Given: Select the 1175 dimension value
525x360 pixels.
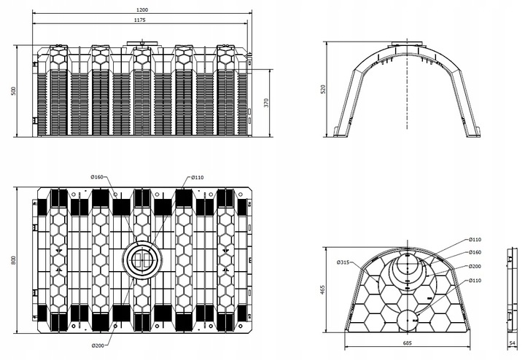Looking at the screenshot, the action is point(140,20).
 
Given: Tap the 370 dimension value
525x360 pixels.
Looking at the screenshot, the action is point(265,103).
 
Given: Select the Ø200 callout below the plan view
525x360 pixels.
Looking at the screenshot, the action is point(98,345).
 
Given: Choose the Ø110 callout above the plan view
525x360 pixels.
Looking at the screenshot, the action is point(198,177).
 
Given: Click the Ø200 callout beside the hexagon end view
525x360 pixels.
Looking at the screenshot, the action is point(475,267).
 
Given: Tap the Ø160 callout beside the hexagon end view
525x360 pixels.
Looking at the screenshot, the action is point(475,252).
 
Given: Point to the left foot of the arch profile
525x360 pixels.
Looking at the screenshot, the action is point(342,132).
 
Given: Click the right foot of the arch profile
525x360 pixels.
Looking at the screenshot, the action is point(468,132).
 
